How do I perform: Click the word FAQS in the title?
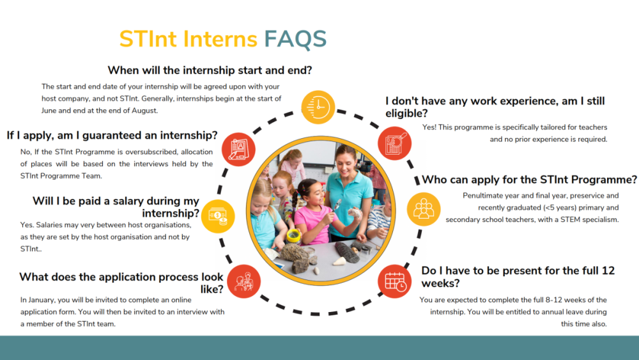[x=295, y=39]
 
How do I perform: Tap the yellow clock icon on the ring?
[x=318, y=107]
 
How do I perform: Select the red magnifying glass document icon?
[x=394, y=143]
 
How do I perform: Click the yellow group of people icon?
[x=424, y=209]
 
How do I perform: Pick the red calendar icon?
[x=394, y=281]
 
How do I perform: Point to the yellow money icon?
[x=218, y=216]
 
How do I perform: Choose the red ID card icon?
[x=238, y=149]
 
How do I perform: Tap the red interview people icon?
[x=243, y=281]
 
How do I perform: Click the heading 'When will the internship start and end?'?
[x=210, y=70]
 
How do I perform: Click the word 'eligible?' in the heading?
[x=406, y=114]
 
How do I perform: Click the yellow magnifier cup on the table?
[x=293, y=236]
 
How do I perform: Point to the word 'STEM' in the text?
[x=571, y=220]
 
